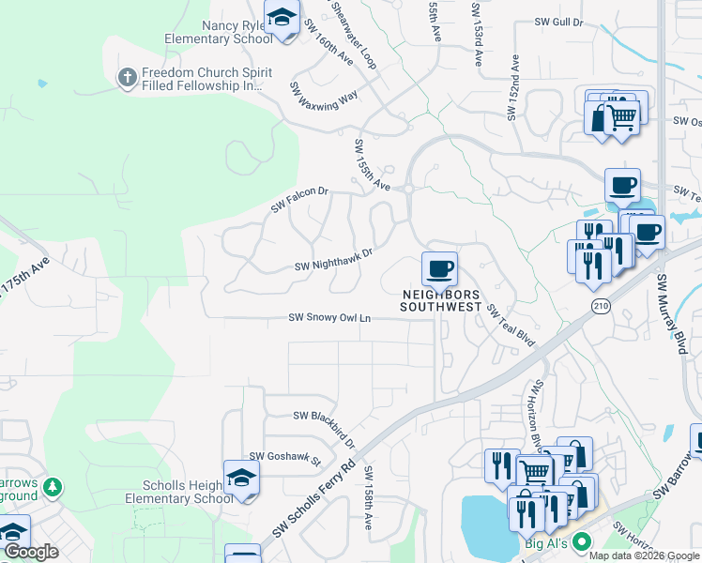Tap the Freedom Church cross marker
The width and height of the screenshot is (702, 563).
click(129, 77)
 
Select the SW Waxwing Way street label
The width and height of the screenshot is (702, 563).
click(324, 98)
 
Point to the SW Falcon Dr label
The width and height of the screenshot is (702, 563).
click(300, 198)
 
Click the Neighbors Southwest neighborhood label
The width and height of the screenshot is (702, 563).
click(441, 301)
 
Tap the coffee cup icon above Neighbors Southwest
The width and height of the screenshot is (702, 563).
click(439, 268)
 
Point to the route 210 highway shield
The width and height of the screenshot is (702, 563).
click(601, 306)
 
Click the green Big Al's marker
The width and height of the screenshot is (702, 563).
click(582, 541)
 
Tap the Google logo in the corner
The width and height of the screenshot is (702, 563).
click(31, 553)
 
